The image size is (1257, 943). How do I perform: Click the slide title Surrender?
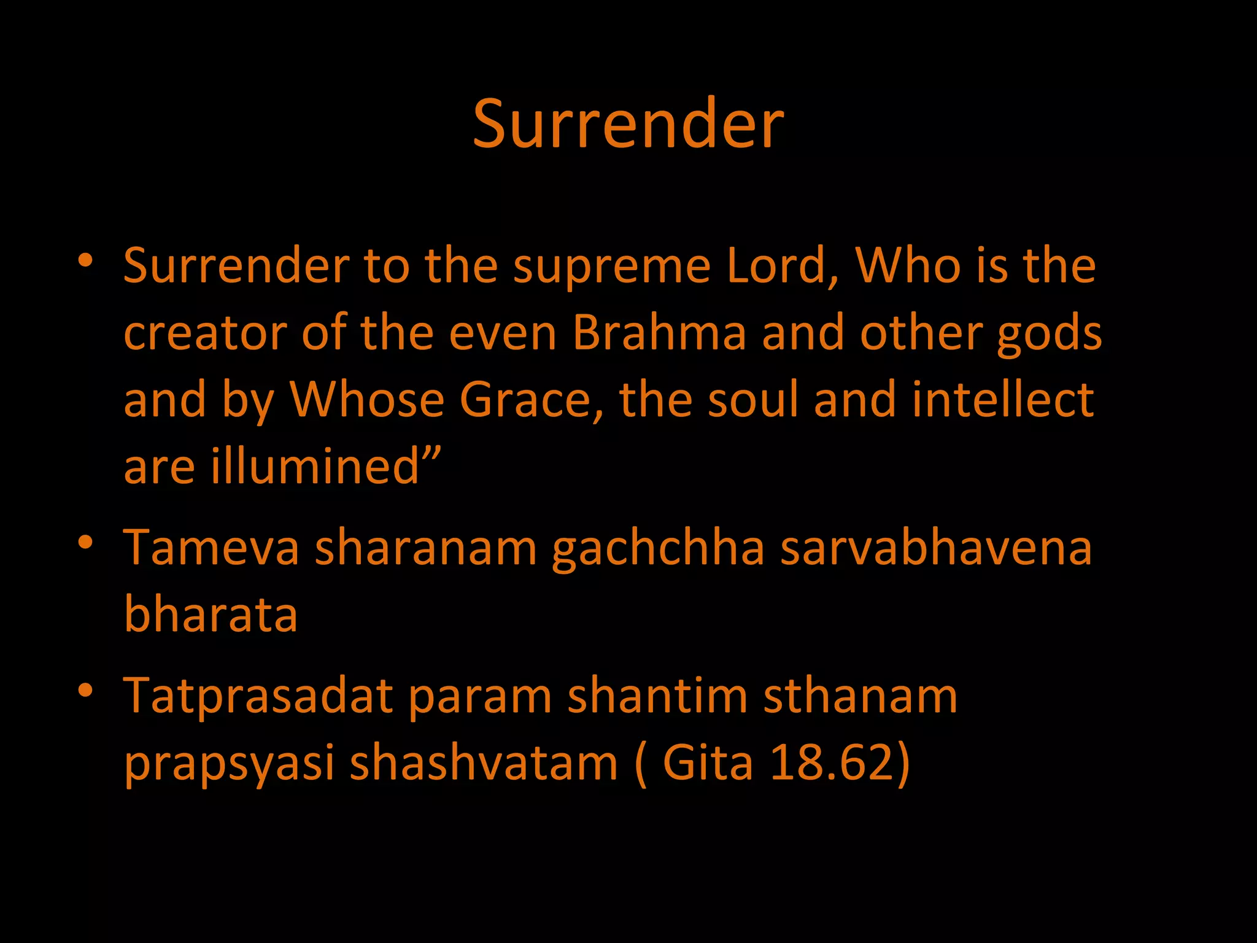(628, 124)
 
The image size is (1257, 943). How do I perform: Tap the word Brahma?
(659, 333)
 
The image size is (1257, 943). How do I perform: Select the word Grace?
(531, 400)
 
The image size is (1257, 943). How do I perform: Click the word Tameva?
(211, 548)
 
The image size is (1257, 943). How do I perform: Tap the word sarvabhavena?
(936, 548)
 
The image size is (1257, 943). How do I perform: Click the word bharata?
(211, 614)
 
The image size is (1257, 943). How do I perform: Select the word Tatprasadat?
(258, 697)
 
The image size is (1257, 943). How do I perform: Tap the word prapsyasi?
(229, 765)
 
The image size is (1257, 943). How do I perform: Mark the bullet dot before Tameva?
(85, 542)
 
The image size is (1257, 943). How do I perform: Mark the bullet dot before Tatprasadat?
(85, 691)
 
